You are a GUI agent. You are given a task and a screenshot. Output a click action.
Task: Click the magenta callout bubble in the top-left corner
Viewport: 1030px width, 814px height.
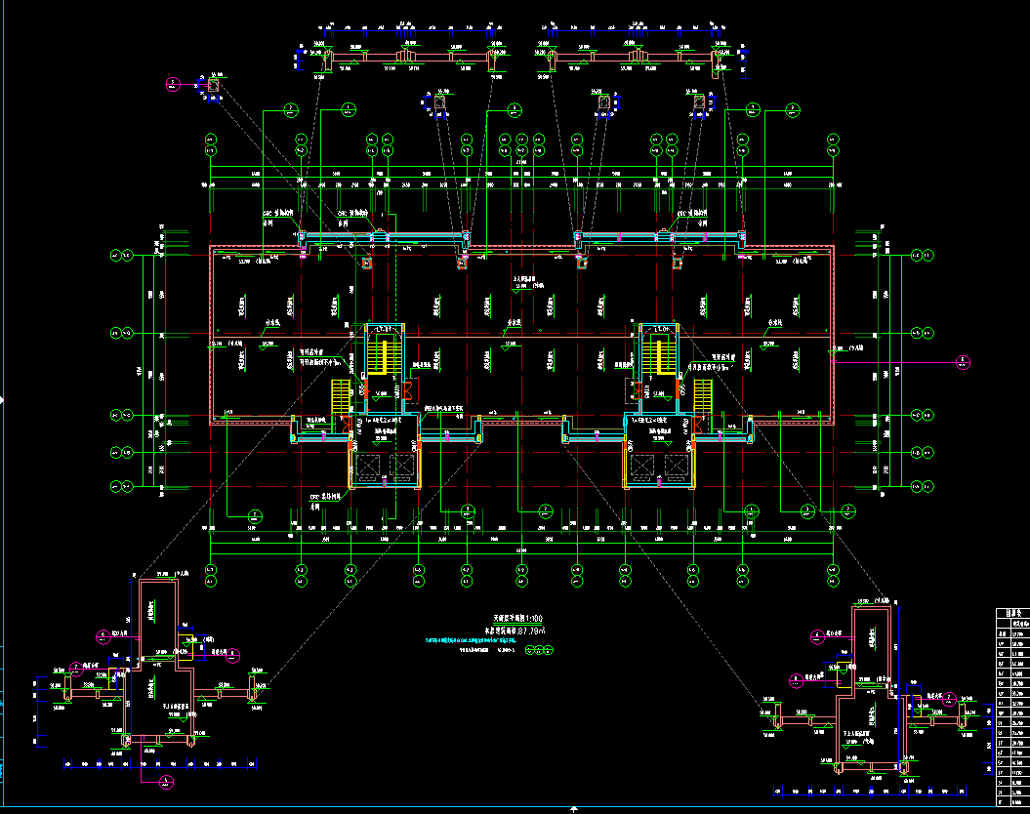pos(172,84)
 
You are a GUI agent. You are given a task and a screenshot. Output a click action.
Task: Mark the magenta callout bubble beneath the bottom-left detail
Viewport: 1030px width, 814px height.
pos(167,781)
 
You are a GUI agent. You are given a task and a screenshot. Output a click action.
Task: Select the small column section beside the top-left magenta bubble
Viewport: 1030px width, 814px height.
pos(213,86)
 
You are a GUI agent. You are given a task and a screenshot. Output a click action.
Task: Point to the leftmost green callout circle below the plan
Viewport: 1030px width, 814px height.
pos(255,514)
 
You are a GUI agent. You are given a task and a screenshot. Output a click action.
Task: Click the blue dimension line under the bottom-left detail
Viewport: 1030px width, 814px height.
pos(161,764)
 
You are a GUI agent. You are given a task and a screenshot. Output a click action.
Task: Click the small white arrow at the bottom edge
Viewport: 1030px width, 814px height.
pos(573,809)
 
